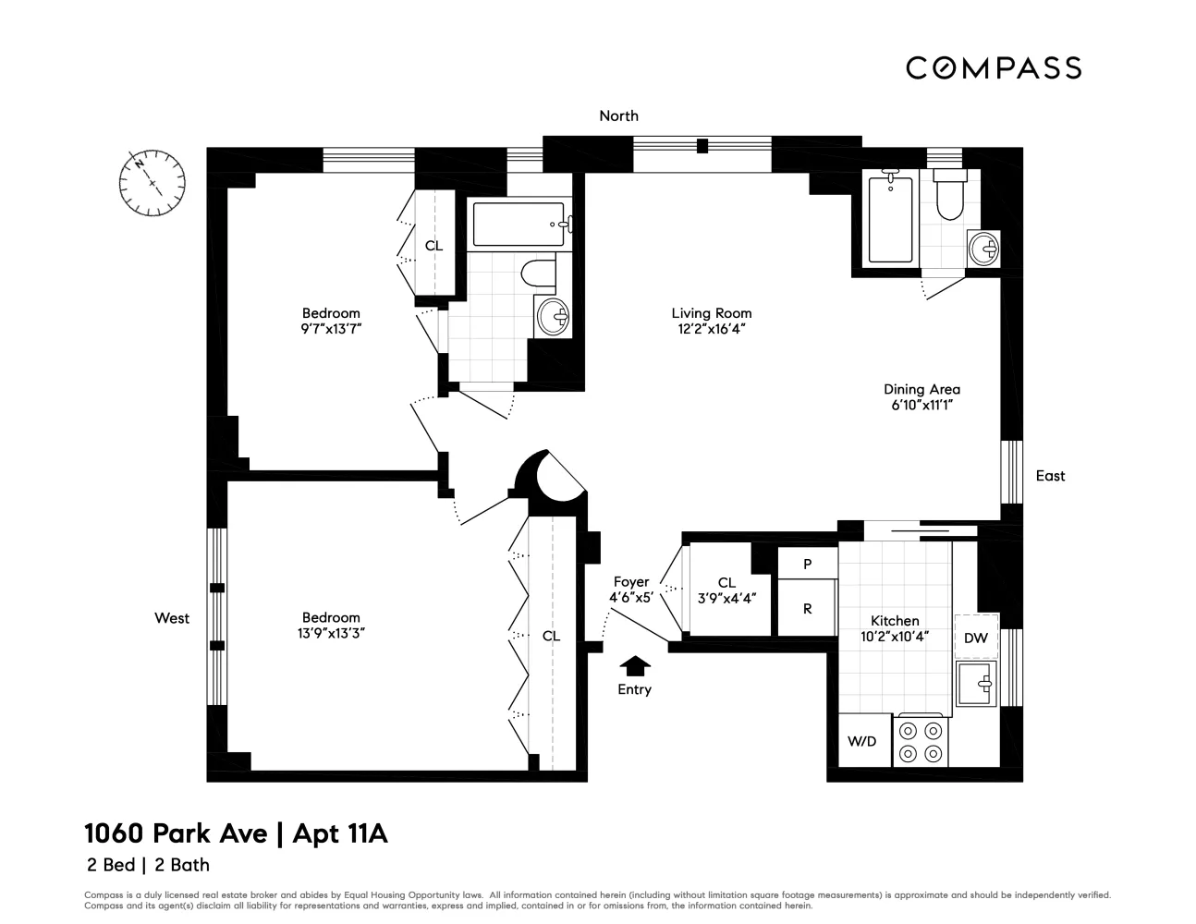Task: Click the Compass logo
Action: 993,67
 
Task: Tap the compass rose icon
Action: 152,182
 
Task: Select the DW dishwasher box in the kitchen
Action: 975,637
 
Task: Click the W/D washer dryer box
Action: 861,741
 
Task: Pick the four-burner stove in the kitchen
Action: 921,742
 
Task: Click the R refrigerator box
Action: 807,609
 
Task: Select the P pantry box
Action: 807,563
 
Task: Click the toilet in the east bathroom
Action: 949,196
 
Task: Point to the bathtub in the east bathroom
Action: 890,219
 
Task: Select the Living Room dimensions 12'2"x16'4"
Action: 711,328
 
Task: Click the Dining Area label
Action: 921,389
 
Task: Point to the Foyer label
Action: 631,581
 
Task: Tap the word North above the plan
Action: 618,115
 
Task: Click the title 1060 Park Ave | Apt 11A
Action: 236,834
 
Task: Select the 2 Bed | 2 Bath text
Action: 147,866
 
